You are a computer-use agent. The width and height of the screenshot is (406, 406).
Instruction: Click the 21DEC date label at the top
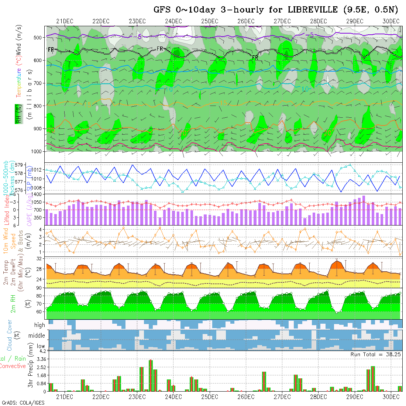pyautogui.click(x=65, y=21)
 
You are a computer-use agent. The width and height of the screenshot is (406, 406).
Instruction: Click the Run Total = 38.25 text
pyautogui.click(x=376, y=354)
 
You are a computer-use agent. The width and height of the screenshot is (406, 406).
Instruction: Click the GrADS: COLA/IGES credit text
pyautogui.click(x=23, y=403)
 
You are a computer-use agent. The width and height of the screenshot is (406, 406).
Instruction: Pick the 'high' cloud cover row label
pyautogui.click(x=39, y=325)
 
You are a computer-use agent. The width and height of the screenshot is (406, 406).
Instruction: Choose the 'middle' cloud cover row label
pyautogui.click(x=37, y=336)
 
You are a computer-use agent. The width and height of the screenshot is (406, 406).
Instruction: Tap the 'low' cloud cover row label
pyautogui.click(x=41, y=346)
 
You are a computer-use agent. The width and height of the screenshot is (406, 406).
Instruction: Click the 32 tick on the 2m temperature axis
pyautogui.click(x=39, y=259)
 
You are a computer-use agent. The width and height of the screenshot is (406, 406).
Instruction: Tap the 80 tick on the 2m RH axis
pyautogui.click(x=39, y=296)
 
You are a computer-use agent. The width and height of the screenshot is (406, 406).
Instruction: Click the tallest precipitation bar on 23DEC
pyautogui.click(x=151, y=375)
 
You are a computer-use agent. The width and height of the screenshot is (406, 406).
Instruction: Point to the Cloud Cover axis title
pyautogui.click(x=10, y=335)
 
